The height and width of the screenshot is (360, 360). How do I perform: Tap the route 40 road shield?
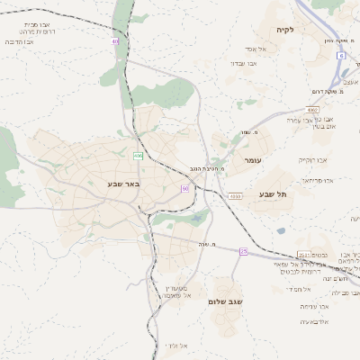coord(115,40)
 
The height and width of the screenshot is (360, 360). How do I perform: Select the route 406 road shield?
coord(138,156)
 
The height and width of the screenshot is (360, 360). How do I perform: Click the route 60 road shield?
coord(185,188)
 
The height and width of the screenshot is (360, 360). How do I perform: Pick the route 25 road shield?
coord(243,251)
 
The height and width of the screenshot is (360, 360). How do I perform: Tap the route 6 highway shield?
coord(342,56)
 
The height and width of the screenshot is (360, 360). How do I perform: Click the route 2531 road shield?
coord(303,256)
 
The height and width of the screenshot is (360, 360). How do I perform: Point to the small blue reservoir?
coord(281,231)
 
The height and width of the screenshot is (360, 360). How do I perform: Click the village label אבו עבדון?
coord(244,64)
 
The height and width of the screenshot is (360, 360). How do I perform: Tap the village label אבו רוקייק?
coord(313,159)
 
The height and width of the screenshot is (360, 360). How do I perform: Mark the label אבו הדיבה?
coord(19,42)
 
